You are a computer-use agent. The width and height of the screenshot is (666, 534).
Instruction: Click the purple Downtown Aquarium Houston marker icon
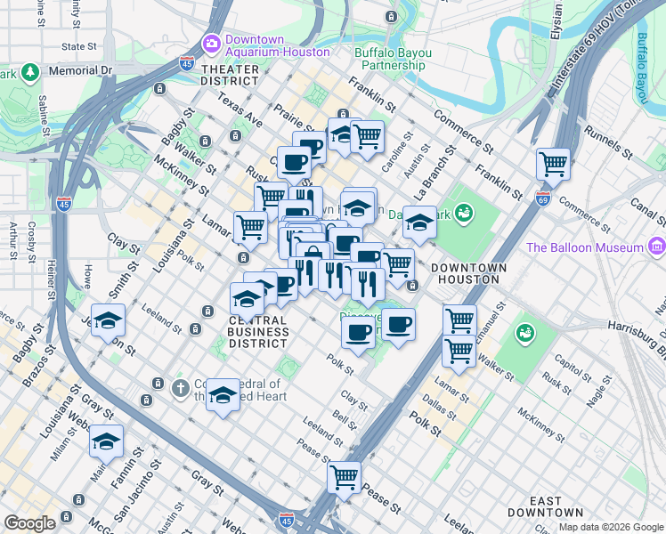click(211, 42)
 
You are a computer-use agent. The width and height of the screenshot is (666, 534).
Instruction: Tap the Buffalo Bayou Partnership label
click(392, 59)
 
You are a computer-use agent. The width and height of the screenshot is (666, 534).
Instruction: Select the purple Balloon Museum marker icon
click(656, 247)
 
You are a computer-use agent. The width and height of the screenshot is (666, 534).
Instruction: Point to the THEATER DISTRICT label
click(230, 75)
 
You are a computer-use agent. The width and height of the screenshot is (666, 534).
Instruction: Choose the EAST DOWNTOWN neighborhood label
click(546, 506)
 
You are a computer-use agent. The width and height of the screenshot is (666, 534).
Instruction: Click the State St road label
click(79, 45)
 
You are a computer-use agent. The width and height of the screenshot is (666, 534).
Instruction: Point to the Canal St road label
click(647, 206)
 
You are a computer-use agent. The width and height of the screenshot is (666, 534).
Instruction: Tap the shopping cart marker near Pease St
click(344, 476)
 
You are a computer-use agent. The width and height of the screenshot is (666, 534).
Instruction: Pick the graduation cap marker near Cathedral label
click(222, 394)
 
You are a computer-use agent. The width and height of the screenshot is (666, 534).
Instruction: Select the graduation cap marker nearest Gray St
click(106, 441)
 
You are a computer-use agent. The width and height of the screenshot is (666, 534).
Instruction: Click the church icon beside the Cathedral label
click(180, 386)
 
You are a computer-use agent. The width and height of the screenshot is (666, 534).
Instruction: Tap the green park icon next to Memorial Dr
click(29, 70)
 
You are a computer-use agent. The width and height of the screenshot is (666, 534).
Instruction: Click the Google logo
click(29, 523)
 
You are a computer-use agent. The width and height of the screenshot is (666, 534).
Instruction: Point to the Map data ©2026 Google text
click(610, 527)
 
